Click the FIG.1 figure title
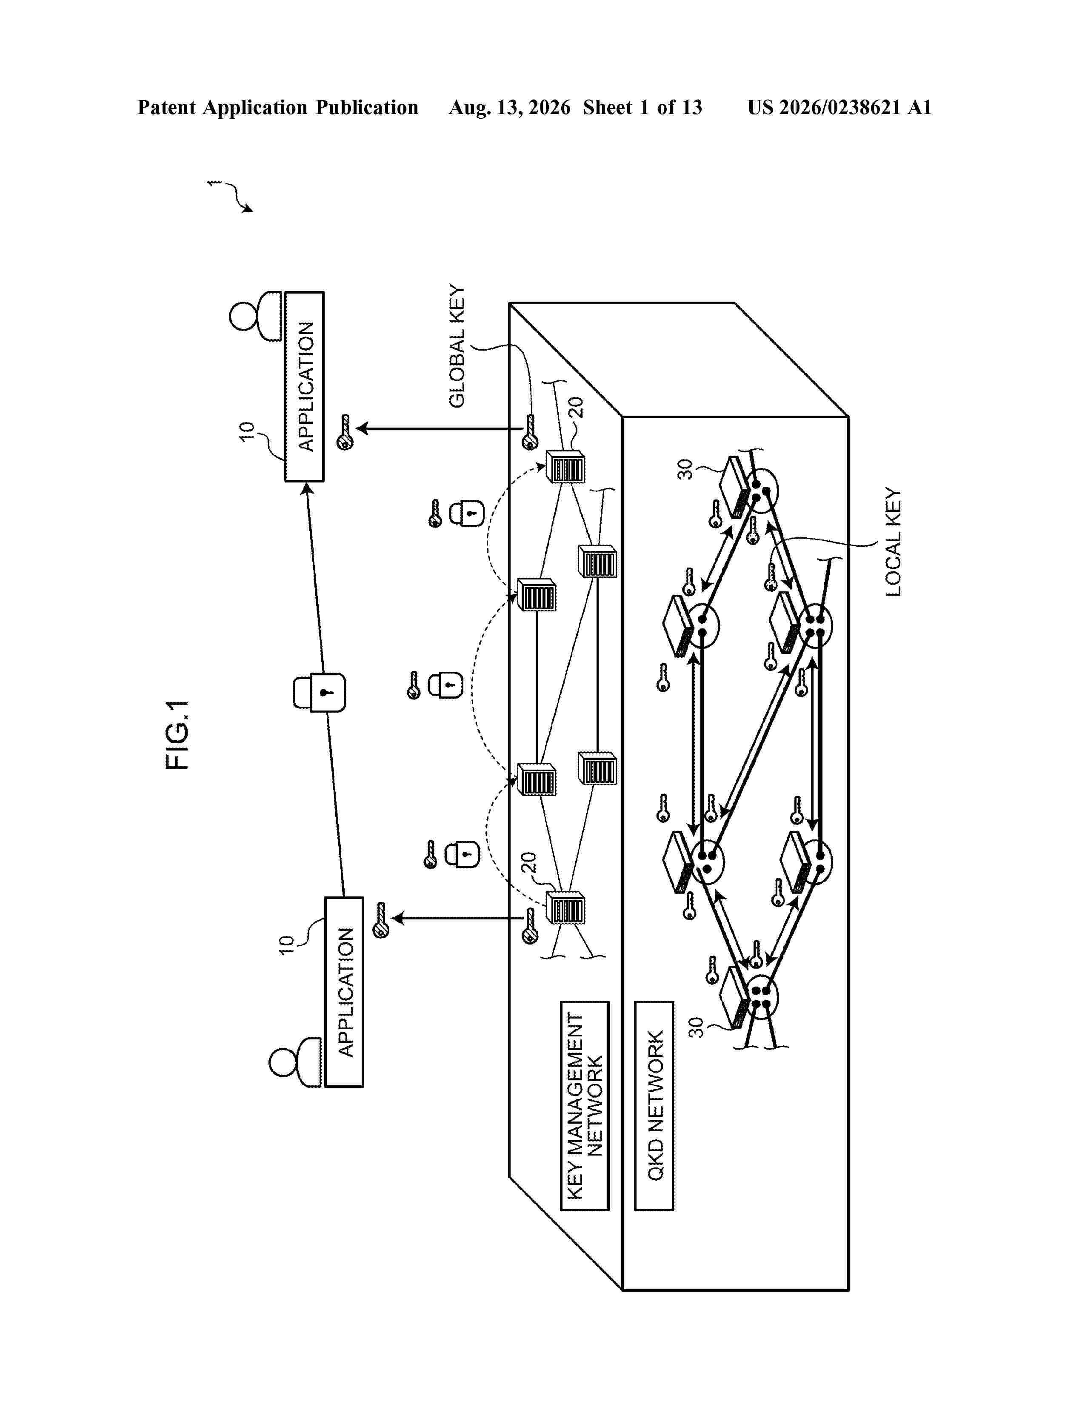click(x=177, y=735)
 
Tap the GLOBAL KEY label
click(x=457, y=346)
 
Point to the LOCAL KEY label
click(x=894, y=542)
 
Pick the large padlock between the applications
click(x=320, y=692)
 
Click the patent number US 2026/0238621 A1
click(x=839, y=107)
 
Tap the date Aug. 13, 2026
click(x=509, y=107)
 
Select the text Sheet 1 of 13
click(x=643, y=107)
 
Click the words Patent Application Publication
click(x=278, y=107)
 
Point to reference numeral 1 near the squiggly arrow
click(x=214, y=184)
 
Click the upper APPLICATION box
click(x=305, y=386)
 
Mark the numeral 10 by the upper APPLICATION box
click(x=247, y=431)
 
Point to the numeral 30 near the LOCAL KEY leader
click(x=686, y=469)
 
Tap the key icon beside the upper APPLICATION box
click(x=345, y=432)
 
